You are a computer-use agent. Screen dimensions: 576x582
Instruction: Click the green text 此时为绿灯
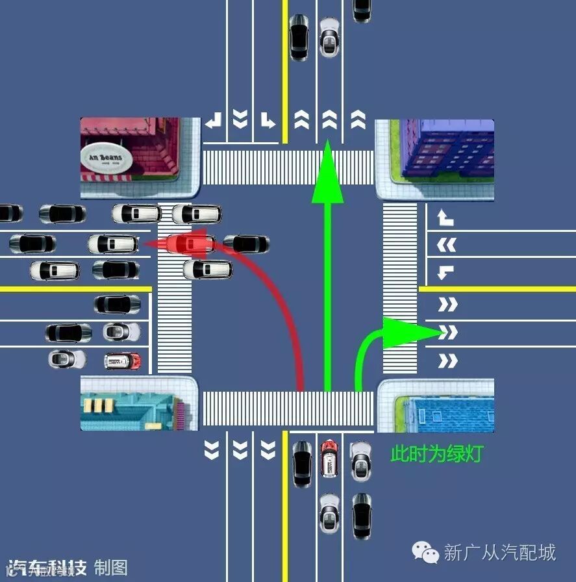click(x=436, y=454)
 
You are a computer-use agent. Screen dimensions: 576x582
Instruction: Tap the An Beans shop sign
click(x=106, y=158)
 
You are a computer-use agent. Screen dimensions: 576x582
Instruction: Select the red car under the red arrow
click(x=190, y=244)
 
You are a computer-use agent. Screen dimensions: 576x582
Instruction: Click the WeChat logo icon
click(x=426, y=553)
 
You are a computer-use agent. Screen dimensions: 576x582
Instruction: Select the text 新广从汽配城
click(x=499, y=553)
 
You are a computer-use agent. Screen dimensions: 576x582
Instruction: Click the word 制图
click(x=110, y=567)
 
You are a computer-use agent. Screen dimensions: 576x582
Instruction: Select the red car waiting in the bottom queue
click(x=329, y=457)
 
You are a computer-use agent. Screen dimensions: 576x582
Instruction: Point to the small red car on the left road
click(x=123, y=361)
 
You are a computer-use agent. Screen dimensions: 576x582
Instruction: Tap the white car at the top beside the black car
click(x=329, y=38)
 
